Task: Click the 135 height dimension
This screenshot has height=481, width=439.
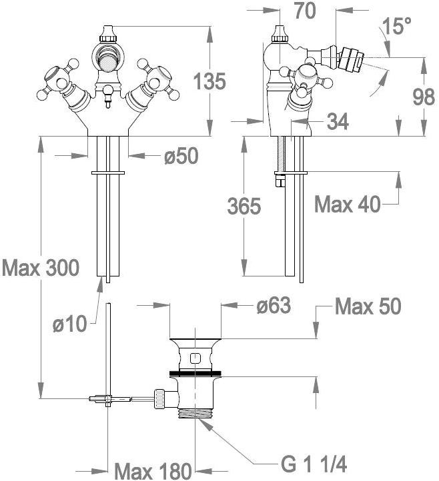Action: point(209,82)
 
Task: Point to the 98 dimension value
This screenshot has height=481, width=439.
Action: point(423,97)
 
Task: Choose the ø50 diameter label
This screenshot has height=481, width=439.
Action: point(181,157)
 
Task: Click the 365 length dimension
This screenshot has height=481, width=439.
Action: point(244,207)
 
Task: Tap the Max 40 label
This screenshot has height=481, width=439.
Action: point(347,204)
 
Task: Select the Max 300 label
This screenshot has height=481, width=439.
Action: point(41,268)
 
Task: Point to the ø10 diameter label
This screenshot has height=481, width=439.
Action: point(71,324)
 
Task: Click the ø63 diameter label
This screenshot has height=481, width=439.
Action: point(273,306)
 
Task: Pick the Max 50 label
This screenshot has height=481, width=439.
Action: point(368,306)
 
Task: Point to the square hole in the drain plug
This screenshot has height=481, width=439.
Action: point(194,358)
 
